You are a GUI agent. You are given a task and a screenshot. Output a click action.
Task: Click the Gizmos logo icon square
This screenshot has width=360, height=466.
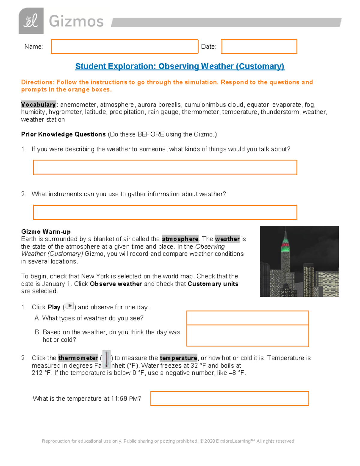coord(31,21)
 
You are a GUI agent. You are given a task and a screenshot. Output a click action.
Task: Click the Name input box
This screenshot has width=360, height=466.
coord(124,47)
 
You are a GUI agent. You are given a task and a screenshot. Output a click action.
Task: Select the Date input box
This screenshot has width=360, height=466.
coord(259,47)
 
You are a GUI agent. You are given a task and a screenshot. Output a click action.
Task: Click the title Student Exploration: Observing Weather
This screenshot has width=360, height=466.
coord(180,66)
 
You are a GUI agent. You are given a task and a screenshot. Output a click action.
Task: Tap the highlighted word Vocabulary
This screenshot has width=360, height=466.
coord(38,105)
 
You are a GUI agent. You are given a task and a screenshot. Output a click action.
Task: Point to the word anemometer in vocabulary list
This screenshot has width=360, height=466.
coord(78,105)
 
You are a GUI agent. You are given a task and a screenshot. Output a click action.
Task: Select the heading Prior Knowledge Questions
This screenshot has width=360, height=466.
coord(63,134)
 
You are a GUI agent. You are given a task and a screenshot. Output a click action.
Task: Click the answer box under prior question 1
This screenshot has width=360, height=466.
coord(165,167)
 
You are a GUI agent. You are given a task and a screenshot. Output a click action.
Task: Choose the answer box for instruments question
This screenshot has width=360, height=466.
coord(165,212)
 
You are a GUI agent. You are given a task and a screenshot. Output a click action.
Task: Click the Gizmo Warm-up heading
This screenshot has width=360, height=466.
coord(46,232)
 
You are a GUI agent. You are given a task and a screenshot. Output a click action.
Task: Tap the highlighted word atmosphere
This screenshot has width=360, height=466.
coord(180,239)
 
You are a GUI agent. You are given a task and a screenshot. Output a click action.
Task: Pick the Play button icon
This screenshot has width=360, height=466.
coord(70,306)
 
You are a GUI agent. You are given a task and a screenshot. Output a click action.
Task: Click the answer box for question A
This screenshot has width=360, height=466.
coord(247,318)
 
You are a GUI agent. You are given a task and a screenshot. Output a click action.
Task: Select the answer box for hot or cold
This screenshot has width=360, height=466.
coord(247,335)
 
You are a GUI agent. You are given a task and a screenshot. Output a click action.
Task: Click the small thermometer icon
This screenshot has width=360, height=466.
coord(106,359)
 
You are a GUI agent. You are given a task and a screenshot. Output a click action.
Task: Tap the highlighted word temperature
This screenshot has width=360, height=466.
coord(178,358)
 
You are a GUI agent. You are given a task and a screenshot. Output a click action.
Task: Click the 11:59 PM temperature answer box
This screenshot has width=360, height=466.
coord(229,398)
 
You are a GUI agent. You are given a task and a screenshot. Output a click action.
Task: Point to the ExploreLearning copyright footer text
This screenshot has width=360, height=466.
coord(168,441)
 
